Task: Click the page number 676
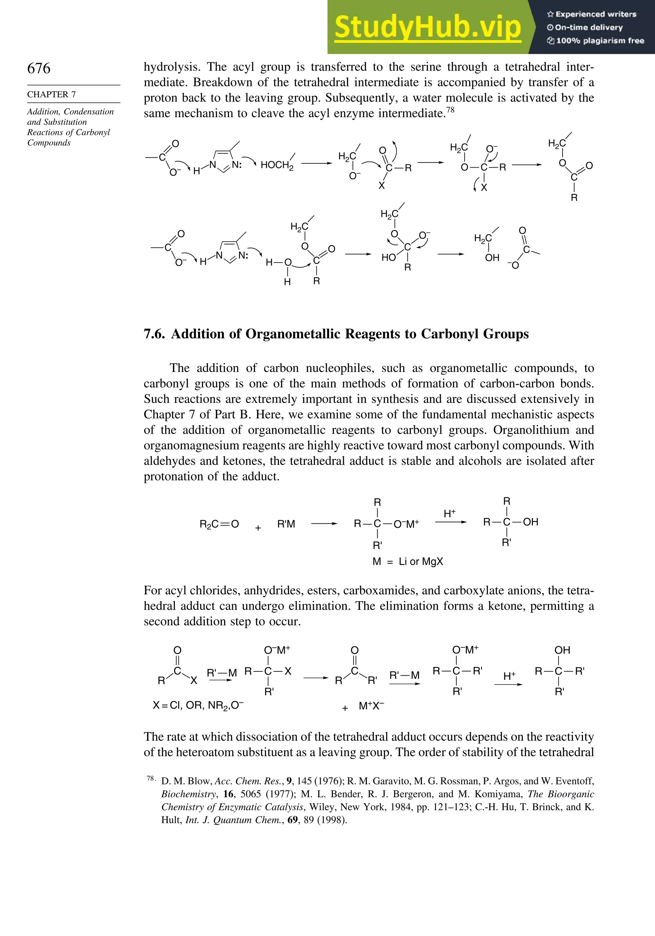pos(39,68)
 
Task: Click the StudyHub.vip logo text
pos(428,27)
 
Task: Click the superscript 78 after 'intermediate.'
pos(450,110)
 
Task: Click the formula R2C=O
pos(219,524)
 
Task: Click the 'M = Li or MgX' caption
pos(407,561)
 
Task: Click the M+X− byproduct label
pos(371,706)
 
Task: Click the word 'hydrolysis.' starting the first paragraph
pos(171,67)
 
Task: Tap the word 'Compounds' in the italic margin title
pos(49,143)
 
